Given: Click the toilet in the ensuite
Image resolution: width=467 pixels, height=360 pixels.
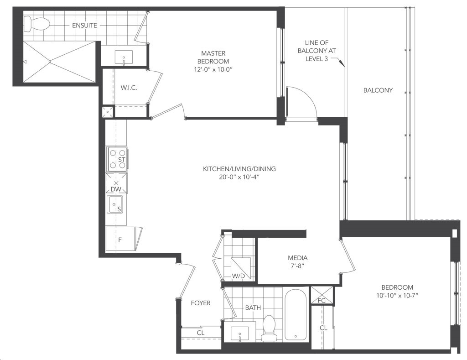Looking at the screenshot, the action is click(x=36, y=24).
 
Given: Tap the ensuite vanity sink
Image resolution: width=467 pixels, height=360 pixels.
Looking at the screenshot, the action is click(x=124, y=57).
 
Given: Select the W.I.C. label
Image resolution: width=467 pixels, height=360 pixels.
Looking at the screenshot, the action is click(x=129, y=88).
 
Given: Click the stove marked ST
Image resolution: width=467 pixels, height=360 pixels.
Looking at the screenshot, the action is click(x=117, y=159).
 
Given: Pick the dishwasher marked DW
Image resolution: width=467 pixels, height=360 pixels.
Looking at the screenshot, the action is click(x=116, y=183).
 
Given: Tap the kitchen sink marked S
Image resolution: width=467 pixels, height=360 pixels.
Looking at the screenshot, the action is click(x=115, y=204).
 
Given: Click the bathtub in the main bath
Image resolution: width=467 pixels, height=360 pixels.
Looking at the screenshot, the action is click(x=296, y=314).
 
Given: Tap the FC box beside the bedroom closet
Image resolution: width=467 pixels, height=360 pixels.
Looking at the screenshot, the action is click(x=322, y=295).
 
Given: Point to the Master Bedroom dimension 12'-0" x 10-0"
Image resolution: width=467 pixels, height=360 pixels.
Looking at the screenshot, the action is click(x=213, y=69).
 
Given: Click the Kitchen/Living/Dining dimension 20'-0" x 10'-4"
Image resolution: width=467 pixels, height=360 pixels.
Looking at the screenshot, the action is click(x=239, y=177).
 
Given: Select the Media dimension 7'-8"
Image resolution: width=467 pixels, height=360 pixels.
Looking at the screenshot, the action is click(x=297, y=266).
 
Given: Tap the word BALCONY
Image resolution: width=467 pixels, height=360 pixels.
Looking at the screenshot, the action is click(x=378, y=90).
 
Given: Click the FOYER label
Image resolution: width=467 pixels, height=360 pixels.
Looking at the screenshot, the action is click(x=201, y=303).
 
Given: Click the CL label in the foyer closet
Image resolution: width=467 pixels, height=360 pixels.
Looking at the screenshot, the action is click(x=201, y=333).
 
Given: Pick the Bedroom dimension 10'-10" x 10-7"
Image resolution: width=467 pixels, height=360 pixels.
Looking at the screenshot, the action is click(x=397, y=296).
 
